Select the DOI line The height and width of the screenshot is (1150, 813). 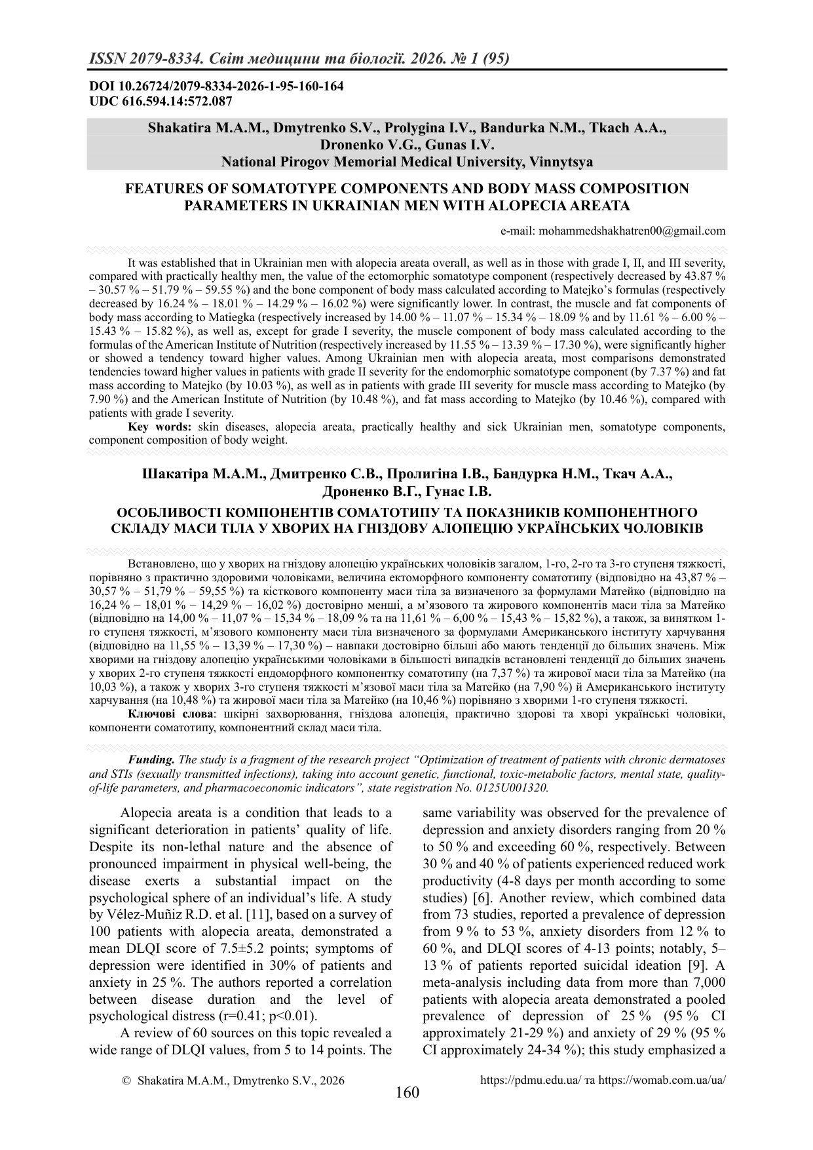216,86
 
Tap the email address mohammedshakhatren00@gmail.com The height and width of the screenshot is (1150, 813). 631,230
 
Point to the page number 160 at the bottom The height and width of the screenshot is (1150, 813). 407,1092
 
